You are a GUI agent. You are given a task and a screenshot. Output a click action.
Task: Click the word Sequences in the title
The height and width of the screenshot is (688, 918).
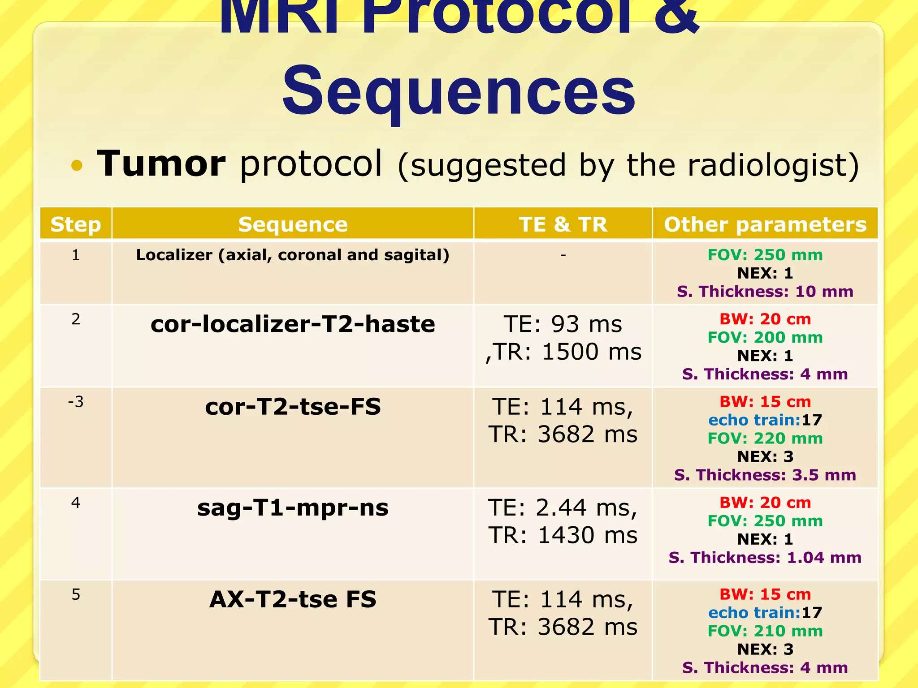tap(458, 92)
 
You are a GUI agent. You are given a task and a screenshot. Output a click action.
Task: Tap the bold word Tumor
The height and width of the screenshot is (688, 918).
tap(161, 163)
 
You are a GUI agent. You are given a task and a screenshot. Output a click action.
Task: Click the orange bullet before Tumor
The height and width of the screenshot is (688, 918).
tap(77, 165)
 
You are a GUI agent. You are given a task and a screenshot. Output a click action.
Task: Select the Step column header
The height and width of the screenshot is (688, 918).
tap(75, 224)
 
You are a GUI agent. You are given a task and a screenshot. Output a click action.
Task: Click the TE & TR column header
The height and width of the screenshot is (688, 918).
tap(563, 224)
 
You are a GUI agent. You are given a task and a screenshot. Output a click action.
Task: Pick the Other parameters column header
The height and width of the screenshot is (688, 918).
tap(765, 224)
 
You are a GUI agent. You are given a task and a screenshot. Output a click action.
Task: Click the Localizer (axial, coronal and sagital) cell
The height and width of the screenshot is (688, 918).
tap(292, 255)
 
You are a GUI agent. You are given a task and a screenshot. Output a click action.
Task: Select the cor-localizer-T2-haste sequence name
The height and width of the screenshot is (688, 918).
tap(292, 324)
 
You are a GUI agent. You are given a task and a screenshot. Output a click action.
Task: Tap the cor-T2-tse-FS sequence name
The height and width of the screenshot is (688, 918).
tap(292, 407)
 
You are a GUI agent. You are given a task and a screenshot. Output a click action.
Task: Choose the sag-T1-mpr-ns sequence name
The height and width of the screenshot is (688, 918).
tap(292, 507)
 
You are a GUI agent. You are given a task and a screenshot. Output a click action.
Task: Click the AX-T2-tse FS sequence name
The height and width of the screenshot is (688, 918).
tap(292, 599)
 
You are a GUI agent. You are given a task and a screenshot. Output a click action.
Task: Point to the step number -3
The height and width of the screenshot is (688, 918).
tap(75, 402)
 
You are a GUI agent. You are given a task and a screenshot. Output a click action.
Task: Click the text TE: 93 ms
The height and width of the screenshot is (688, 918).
tap(563, 324)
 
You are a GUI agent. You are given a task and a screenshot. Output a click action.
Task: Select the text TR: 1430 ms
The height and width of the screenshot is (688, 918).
tap(563, 535)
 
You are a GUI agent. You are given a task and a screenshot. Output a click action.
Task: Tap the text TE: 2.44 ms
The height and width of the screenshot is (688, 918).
tap(563, 507)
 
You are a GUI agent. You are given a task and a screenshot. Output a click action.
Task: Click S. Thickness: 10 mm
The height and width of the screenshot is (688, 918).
tap(765, 292)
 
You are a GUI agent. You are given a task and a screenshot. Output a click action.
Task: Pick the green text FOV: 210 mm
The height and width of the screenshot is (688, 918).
tap(765, 631)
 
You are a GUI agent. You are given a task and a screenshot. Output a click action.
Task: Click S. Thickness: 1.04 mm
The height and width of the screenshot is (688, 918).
tap(765, 558)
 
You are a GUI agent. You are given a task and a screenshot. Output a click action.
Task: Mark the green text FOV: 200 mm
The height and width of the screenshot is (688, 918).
tap(765, 337)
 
